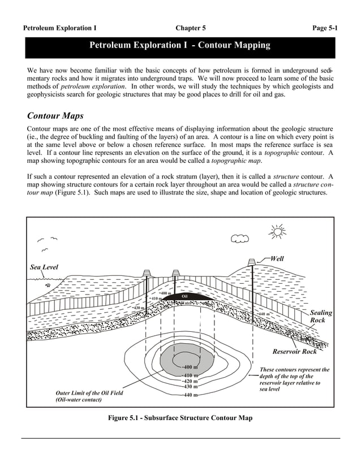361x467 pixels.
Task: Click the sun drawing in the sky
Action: tap(278, 232)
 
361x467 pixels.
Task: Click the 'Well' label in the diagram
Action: tap(277, 258)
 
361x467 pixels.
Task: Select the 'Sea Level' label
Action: tap(44, 267)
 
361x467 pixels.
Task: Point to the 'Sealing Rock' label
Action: tap(321, 317)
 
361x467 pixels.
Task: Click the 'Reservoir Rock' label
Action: tap(295, 352)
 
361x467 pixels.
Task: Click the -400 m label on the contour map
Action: tap(190, 367)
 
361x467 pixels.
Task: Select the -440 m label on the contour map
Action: tap(190, 395)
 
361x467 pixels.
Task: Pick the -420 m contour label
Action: tap(190, 381)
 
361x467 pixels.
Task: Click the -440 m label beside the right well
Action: tap(264, 314)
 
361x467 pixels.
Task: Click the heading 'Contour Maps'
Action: tap(55, 116)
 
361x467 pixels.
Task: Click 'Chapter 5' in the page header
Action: tap(191, 27)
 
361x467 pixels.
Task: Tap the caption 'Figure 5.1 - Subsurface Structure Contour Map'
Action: tap(180, 418)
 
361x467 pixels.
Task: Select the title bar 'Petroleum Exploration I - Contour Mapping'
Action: tap(180, 45)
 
